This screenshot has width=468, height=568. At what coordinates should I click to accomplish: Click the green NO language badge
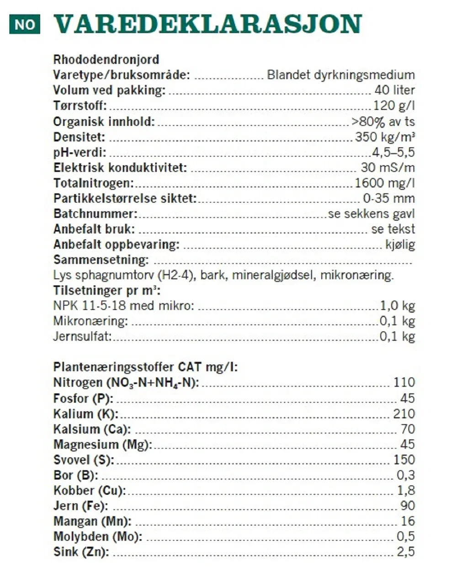(x=25, y=24)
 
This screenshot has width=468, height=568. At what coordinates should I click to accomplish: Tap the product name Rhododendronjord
(x=106, y=59)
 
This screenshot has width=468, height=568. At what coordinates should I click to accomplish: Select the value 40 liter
(x=394, y=90)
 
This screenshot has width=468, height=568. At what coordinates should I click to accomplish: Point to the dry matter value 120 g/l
(x=394, y=106)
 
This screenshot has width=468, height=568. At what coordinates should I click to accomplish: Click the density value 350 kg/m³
(x=385, y=137)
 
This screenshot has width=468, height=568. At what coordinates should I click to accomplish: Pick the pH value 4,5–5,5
(x=393, y=152)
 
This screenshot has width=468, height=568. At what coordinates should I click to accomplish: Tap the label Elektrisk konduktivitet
(x=120, y=168)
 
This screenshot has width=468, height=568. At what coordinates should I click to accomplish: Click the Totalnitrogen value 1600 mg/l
(x=385, y=183)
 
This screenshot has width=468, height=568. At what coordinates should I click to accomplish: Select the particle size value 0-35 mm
(x=388, y=198)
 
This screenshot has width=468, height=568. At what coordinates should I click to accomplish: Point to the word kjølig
(x=400, y=244)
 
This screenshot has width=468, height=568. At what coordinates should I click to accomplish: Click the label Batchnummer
(x=95, y=214)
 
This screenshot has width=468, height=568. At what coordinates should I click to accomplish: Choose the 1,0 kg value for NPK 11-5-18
(x=397, y=306)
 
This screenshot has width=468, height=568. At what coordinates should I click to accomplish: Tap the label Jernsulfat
(x=82, y=337)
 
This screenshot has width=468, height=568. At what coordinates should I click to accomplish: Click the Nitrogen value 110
(x=404, y=382)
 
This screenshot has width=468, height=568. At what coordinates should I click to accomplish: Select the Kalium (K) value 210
(x=404, y=414)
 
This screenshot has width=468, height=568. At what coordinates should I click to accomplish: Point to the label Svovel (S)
(x=84, y=460)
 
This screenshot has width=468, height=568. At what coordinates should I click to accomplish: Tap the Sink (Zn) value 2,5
(x=405, y=552)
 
